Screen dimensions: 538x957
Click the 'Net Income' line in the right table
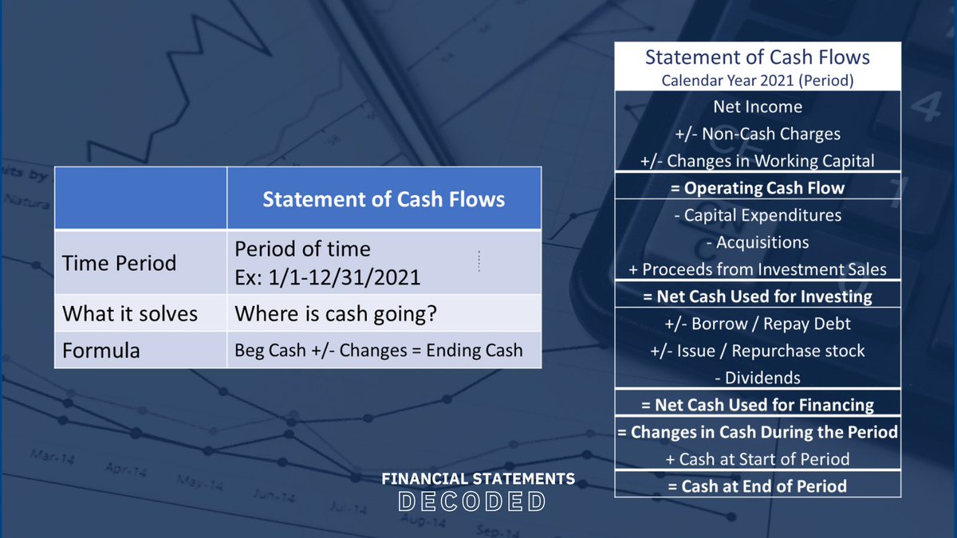[x=757, y=106]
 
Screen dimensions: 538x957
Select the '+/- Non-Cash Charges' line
[x=757, y=133]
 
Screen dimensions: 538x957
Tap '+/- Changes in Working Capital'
[x=757, y=160]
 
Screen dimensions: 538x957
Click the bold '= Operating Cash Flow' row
[x=757, y=188]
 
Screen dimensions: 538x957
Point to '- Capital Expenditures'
[x=757, y=215]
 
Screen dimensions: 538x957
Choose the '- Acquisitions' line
[x=757, y=242]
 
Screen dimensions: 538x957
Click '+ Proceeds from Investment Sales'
[x=757, y=269]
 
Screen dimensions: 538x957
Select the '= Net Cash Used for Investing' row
[x=757, y=296]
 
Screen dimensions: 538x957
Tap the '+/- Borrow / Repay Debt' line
[x=757, y=324]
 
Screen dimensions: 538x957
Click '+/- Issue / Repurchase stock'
[x=757, y=351]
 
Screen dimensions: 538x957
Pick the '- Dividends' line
[x=757, y=378]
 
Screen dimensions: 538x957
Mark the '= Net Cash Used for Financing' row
[x=757, y=405]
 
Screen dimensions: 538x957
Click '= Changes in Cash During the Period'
[x=757, y=432]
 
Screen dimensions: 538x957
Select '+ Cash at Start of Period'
[x=757, y=459]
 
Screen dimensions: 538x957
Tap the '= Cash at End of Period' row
[x=757, y=485]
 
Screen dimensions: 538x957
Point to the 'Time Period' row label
[x=119, y=262]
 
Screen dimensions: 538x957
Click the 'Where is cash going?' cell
[x=335, y=313]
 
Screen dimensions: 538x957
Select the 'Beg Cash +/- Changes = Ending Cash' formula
[x=379, y=350]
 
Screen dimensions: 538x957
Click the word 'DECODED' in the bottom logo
[x=471, y=501]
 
